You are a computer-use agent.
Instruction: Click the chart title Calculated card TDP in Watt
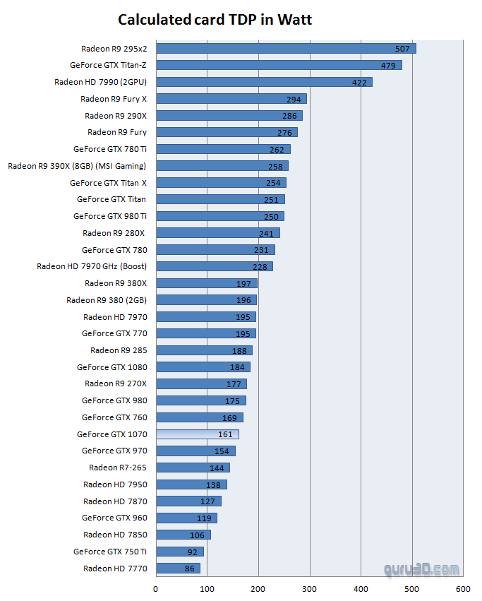[215, 20]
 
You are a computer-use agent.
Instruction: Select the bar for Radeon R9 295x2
[285, 48]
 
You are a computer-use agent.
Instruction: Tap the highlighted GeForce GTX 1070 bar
[197, 434]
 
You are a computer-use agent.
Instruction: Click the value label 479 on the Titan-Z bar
[389, 65]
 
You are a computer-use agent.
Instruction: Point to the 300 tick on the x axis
[309, 587]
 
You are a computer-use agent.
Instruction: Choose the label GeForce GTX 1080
[112, 367]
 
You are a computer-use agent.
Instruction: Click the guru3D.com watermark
[421, 569]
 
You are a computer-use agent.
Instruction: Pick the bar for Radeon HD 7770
[178, 569]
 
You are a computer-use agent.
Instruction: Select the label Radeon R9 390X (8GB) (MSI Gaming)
[77, 166]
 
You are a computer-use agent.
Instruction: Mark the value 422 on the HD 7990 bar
[359, 82]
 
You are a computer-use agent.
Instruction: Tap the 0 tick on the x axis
[156, 587]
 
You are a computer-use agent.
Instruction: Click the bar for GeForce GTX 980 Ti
[219, 216]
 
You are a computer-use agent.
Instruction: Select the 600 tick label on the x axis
[463, 587]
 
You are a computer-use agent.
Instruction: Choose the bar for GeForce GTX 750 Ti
[179, 552]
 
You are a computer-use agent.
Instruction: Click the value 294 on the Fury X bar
[294, 99]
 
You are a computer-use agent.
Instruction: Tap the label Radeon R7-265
[118, 468]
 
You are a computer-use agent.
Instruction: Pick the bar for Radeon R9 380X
[206, 283]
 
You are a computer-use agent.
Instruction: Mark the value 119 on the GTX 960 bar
[204, 518]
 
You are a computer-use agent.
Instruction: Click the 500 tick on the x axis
[411, 587]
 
